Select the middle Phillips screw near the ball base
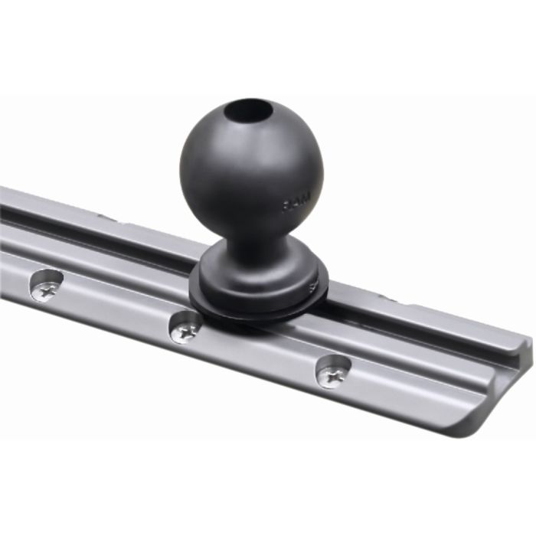click(x=185, y=327)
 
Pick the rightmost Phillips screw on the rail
click(x=334, y=372)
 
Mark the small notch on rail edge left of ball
click(x=107, y=219)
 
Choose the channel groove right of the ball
click(x=413, y=322)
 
